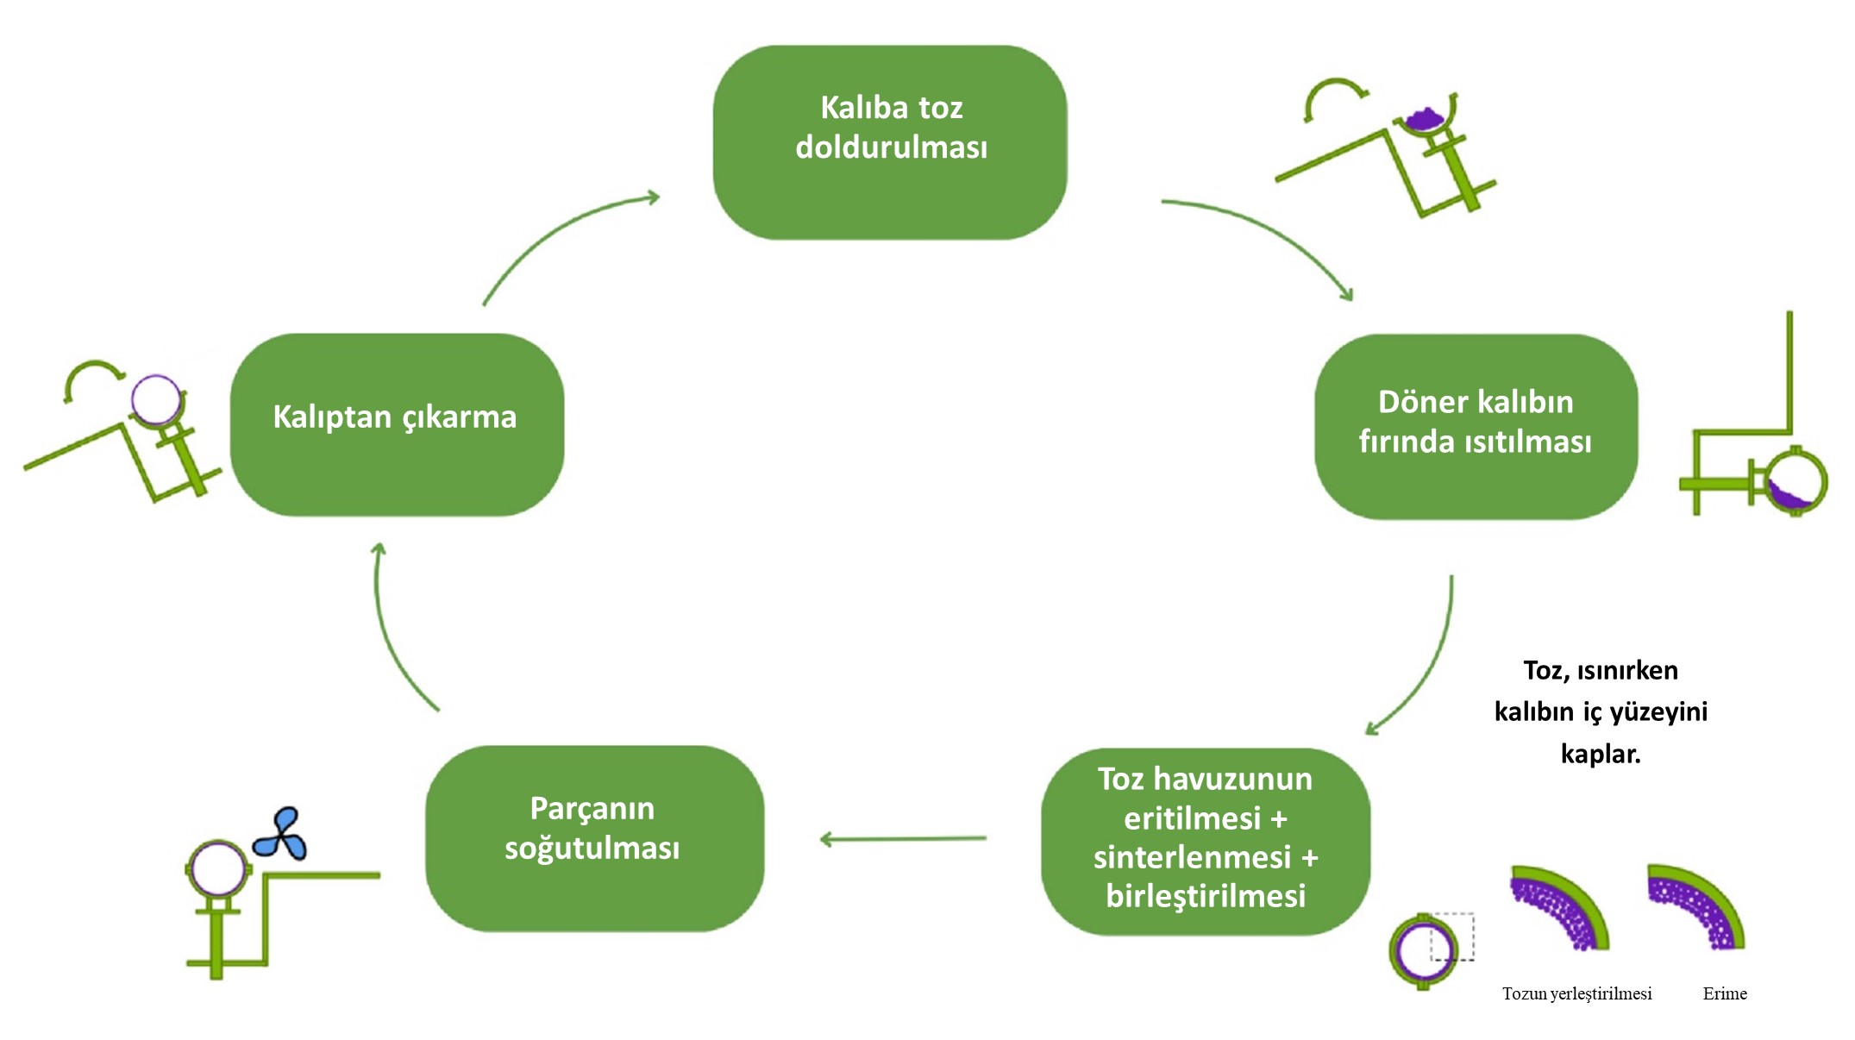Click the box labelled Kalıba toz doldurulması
click(890, 142)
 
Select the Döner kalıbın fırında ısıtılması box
click(1476, 426)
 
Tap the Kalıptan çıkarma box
click(397, 424)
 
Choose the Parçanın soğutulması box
click(594, 837)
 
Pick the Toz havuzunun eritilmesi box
click(1205, 840)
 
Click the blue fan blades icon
click(280, 836)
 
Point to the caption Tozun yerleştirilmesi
click(1576, 993)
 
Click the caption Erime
click(1725, 993)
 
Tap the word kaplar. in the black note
click(1601, 754)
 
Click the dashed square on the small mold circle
click(1452, 937)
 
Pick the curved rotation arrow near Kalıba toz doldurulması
click(1332, 96)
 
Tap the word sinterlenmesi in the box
click(1192, 857)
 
